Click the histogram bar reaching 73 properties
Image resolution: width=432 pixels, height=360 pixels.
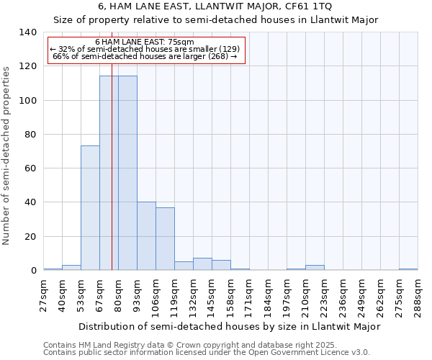[x=90, y=208]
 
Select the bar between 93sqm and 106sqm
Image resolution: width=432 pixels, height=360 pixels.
[x=146, y=236]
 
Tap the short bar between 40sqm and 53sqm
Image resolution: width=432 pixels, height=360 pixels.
[x=71, y=268]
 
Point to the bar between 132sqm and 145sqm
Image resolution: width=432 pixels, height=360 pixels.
[x=202, y=264]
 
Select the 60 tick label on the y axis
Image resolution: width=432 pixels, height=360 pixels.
[x=30, y=168]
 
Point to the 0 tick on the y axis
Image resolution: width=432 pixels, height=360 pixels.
[x=33, y=271]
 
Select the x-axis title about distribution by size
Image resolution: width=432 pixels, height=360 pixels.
[x=229, y=326]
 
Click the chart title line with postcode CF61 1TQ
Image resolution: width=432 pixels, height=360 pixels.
[x=215, y=6]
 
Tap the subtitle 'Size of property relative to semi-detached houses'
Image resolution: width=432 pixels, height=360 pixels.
[x=215, y=19]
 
